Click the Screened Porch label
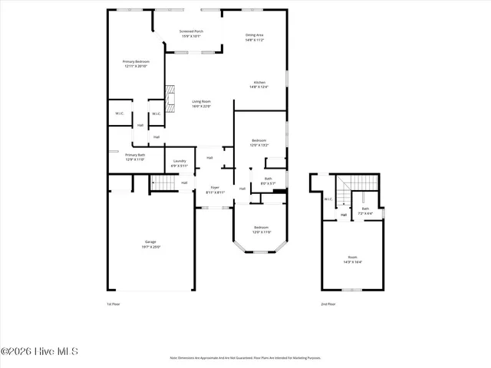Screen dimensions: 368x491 click(x=191, y=34)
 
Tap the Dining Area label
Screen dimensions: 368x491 click(x=255, y=37)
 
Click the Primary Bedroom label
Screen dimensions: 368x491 click(x=136, y=64)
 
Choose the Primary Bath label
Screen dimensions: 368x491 click(x=135, y=157)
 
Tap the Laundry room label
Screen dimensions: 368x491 click(x=180, y=163)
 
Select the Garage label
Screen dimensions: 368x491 click(x=146, y=245)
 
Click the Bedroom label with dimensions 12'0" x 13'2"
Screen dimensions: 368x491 click(x=259, y=143)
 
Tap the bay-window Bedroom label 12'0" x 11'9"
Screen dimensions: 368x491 click(x=262, y=229)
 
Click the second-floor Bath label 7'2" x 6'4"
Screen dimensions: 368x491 click(x=365, y=211)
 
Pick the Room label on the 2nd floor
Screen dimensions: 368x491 click(x=352, y=259)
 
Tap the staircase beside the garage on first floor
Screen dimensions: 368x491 click(x=163, y=182)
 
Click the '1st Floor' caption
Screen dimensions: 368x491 click(x=114, y=304)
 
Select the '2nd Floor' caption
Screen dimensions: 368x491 click(x=328, y=304)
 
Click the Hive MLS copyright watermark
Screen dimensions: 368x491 click(x=40, y=352)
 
